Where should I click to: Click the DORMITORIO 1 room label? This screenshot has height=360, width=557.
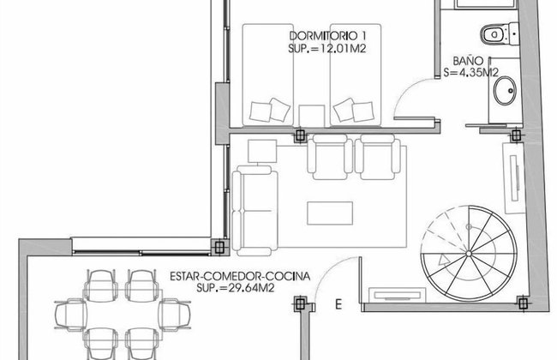[327, 36]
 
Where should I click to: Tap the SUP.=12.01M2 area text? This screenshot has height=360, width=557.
[326, 49]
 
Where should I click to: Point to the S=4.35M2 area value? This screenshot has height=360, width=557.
[471, 73]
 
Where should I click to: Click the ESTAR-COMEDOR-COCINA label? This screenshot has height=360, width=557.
[240, 276]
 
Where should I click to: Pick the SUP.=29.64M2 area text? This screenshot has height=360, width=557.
[236, 288]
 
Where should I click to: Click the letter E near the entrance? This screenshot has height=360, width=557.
[338, 304]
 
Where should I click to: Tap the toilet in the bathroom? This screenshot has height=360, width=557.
[500, 34]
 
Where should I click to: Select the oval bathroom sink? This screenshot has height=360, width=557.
[505, 91]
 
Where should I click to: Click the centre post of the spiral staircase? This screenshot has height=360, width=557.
[469, 254]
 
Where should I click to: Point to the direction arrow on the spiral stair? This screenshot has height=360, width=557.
[445, 260]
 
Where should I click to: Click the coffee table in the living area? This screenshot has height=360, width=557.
[330, 213]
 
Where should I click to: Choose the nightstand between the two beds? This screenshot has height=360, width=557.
[312, 116]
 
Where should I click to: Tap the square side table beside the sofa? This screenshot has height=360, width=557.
[262, 151]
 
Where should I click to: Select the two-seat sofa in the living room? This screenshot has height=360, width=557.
[255, 210]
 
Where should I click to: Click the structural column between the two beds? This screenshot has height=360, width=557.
[300, 135]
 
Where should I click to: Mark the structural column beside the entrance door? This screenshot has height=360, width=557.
[300, 303]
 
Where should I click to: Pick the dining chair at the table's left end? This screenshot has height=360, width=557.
[70, 315]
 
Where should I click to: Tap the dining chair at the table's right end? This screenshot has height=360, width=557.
[175, 315]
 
